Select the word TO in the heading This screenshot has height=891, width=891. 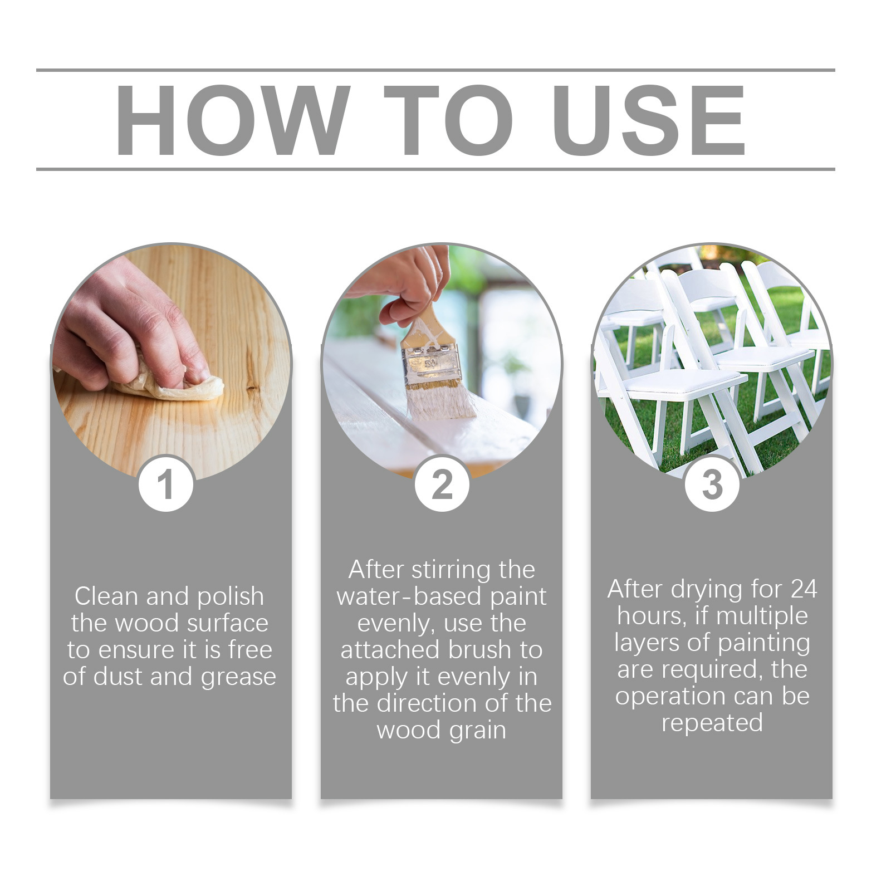coord(449,120)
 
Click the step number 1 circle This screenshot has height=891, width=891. coord(166,484)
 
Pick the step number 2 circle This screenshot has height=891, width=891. coord(442,484)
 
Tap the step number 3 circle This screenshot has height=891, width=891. coord(712,484)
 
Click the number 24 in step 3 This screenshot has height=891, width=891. coord(804,589)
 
